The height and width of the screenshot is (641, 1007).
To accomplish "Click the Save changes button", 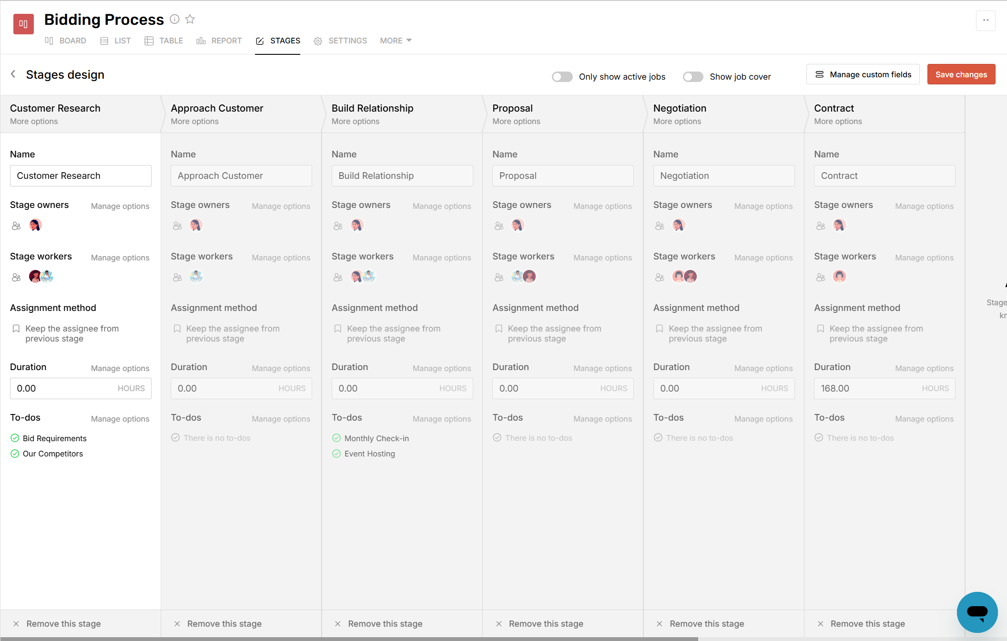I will (961, 74).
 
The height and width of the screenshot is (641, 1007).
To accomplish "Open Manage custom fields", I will (863, 74).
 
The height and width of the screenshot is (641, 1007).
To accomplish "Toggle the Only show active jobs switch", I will (562, 77).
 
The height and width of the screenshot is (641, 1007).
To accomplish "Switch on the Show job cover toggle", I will (692, 77).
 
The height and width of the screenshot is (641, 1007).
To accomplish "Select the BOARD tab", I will (66, 41).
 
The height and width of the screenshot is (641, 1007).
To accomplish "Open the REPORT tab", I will (219, 41).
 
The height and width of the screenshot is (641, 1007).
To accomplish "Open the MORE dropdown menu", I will (396, 41).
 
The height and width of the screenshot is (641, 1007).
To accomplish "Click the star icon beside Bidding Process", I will (190, 19).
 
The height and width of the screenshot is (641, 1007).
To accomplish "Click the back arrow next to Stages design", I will (13, 74).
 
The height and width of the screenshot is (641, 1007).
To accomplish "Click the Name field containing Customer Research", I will (81, 176).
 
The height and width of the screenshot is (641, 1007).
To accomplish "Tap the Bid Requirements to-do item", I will (54, 438).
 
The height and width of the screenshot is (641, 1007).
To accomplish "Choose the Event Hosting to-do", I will (369, 454).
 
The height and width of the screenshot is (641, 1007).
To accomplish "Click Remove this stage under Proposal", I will (546, 624).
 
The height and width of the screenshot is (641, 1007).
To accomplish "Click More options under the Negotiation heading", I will (677, 122).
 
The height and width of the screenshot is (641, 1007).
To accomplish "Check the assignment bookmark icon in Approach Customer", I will (177, 329).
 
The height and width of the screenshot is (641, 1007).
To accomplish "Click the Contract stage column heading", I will (834, 108).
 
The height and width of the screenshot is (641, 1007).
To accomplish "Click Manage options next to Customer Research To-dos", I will (120, 419).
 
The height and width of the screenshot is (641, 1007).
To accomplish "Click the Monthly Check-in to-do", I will (376, 438).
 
